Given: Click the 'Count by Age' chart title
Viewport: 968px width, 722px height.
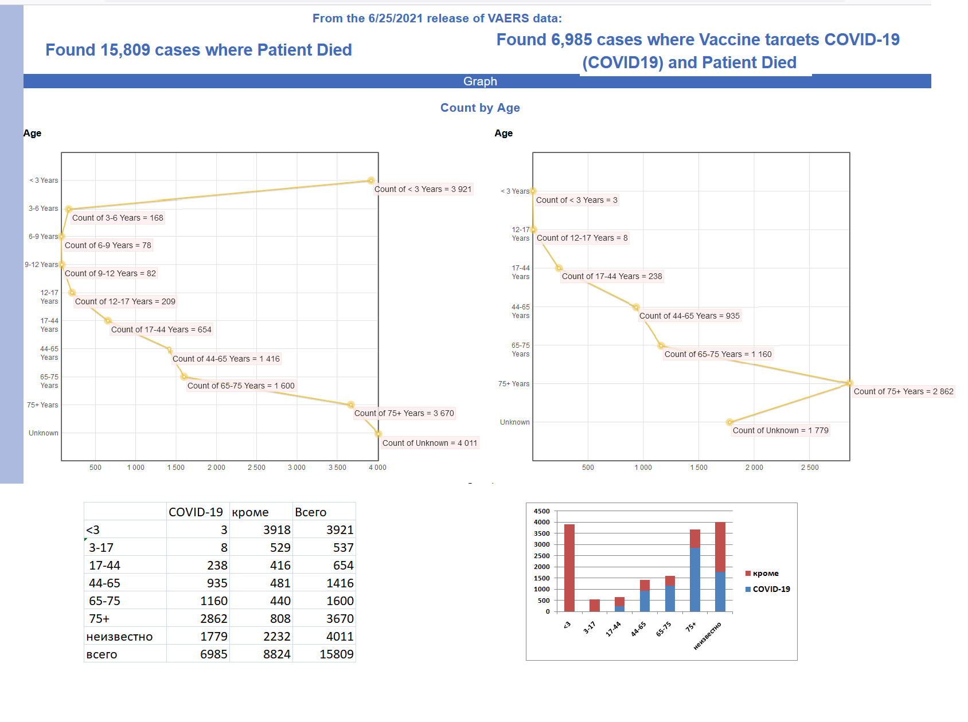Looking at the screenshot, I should click(480, 108).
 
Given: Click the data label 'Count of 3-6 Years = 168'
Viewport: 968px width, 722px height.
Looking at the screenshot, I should click(118, 218).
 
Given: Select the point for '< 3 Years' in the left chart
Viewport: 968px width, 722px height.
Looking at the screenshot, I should click(371, 180).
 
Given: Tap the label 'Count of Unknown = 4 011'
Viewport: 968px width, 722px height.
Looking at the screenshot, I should click(430, 443).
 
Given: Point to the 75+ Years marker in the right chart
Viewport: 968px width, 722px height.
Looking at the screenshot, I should click(849, 383).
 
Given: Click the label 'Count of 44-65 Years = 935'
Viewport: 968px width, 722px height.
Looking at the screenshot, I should click(689, 316).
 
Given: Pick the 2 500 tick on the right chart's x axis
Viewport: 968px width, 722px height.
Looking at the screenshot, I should click(809, 468).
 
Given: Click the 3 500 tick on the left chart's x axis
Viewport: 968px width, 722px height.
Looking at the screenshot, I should click(337, 468).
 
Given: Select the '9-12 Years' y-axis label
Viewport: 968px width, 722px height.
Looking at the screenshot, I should click(41, 265).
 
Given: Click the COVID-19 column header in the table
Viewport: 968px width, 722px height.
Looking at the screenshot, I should click(196, 512).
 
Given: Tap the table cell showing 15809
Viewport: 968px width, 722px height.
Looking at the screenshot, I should click(336, 654).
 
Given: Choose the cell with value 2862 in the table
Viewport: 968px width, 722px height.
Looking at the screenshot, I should click(213, 618).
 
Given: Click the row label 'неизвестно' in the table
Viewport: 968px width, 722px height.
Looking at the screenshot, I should click(119, 637).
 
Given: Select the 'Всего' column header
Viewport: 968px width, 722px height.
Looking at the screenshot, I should click(310, 512).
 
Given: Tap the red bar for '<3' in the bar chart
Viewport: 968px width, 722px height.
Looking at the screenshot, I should click(569, 567).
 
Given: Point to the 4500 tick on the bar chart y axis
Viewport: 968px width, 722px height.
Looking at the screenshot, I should click(541, 511).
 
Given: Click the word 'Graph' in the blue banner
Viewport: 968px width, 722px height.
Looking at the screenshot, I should click(480, 81).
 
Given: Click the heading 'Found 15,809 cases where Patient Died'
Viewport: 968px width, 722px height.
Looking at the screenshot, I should click(198, 50).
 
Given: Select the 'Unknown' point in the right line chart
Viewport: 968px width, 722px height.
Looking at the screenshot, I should click(729, 422).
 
